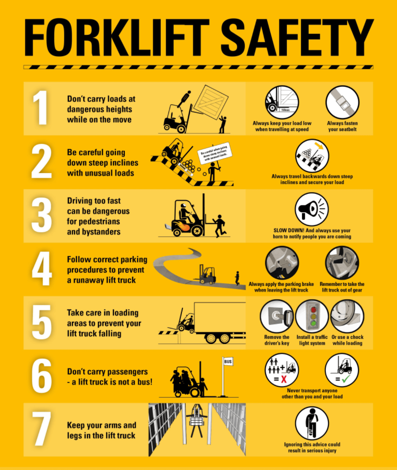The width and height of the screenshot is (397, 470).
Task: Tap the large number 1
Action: (x=41, y=108)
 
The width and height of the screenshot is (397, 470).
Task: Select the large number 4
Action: (x=42, y=269)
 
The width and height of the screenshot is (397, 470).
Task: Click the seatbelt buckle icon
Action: (x=342, y=103)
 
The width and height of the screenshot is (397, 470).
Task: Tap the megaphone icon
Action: (x=312, y=209)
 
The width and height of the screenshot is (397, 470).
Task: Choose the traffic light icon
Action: (x=312, y=316)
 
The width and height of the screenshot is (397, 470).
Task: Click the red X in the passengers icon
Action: (x=284, y=379)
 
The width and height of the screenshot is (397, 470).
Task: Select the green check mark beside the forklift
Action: (x=346, y=379)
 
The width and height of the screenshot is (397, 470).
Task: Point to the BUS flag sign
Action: (x=228, y=362)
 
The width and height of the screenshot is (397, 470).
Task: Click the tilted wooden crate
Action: (x=211, y=102)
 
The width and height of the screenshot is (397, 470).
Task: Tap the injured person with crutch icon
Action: (x=312, y=423)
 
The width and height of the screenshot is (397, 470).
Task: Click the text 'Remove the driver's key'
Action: (x=277, y=340)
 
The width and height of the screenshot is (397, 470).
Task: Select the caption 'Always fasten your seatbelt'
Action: (x=342, y=126)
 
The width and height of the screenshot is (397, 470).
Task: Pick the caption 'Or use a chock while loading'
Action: (x=348, y=340)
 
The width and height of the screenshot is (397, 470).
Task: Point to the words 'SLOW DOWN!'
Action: (x=289, y=230)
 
